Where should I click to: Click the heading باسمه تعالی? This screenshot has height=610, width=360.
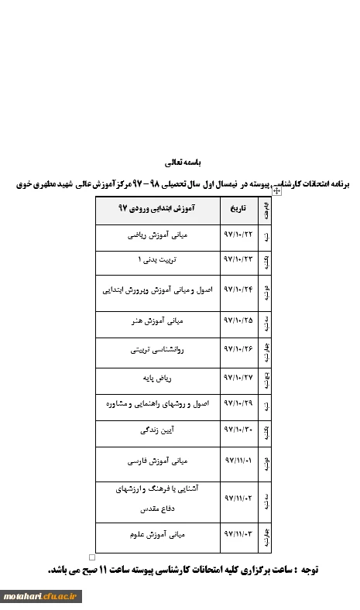[183, 163]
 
